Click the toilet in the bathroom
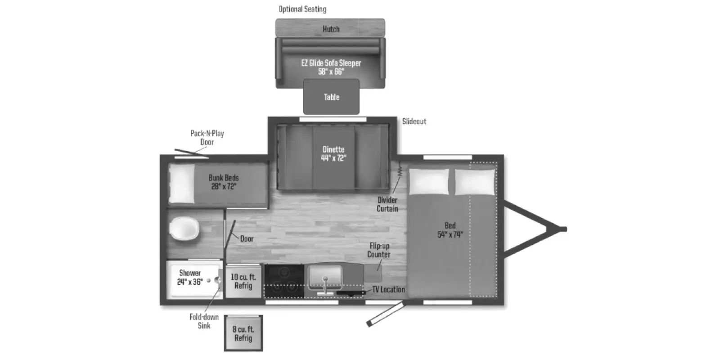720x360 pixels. coord(184,229)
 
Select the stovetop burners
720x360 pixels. coord(284,281)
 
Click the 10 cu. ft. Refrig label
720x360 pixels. coord(243,281)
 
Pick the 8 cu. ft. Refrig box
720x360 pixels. coord(243,333)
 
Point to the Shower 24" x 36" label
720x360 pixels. coord(190,277)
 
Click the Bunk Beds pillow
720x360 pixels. coord(182,184)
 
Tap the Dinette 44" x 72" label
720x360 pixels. coord(333,153)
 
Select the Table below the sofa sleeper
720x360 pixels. coord(331,97)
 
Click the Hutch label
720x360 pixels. coord(331,29)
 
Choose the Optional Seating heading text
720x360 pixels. coord(302,9)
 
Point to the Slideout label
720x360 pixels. coord(414,121)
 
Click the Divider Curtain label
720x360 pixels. coord(387,204)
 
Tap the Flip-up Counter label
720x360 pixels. coord(379,250)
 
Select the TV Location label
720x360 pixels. coord(389,290)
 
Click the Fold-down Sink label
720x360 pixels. coord(204,321)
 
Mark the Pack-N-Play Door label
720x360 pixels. coord(207,138)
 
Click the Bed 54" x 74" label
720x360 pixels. coord(450,230)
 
